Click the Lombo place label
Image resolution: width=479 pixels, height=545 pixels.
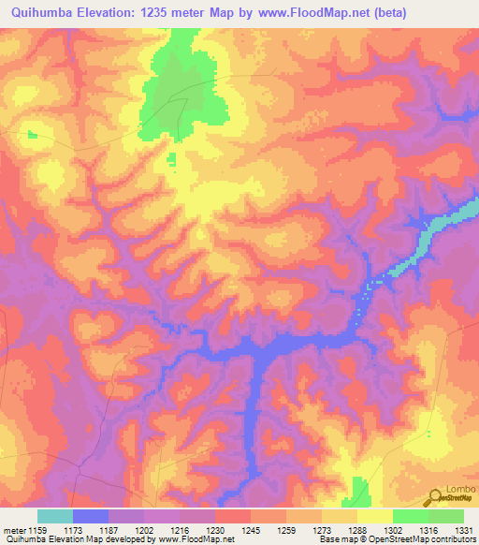point(460,489)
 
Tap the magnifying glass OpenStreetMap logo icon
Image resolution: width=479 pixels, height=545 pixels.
point(436,497)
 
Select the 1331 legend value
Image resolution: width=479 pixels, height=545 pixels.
point(465,530)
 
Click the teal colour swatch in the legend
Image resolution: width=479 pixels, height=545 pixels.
point(55,516)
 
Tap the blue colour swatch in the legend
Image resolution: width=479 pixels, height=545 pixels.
point(91,516)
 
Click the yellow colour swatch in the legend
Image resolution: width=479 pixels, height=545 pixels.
point(375,516)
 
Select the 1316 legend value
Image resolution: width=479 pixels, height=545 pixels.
point(429,530)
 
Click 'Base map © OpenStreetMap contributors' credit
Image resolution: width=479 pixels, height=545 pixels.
point(396,540)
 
